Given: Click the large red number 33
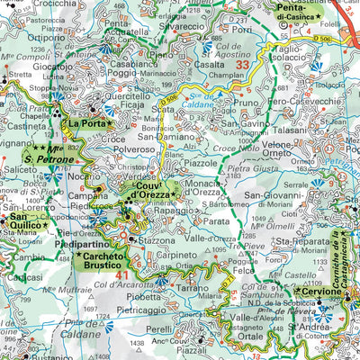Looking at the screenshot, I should (241, 65).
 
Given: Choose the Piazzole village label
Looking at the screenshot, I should (199, 164).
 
